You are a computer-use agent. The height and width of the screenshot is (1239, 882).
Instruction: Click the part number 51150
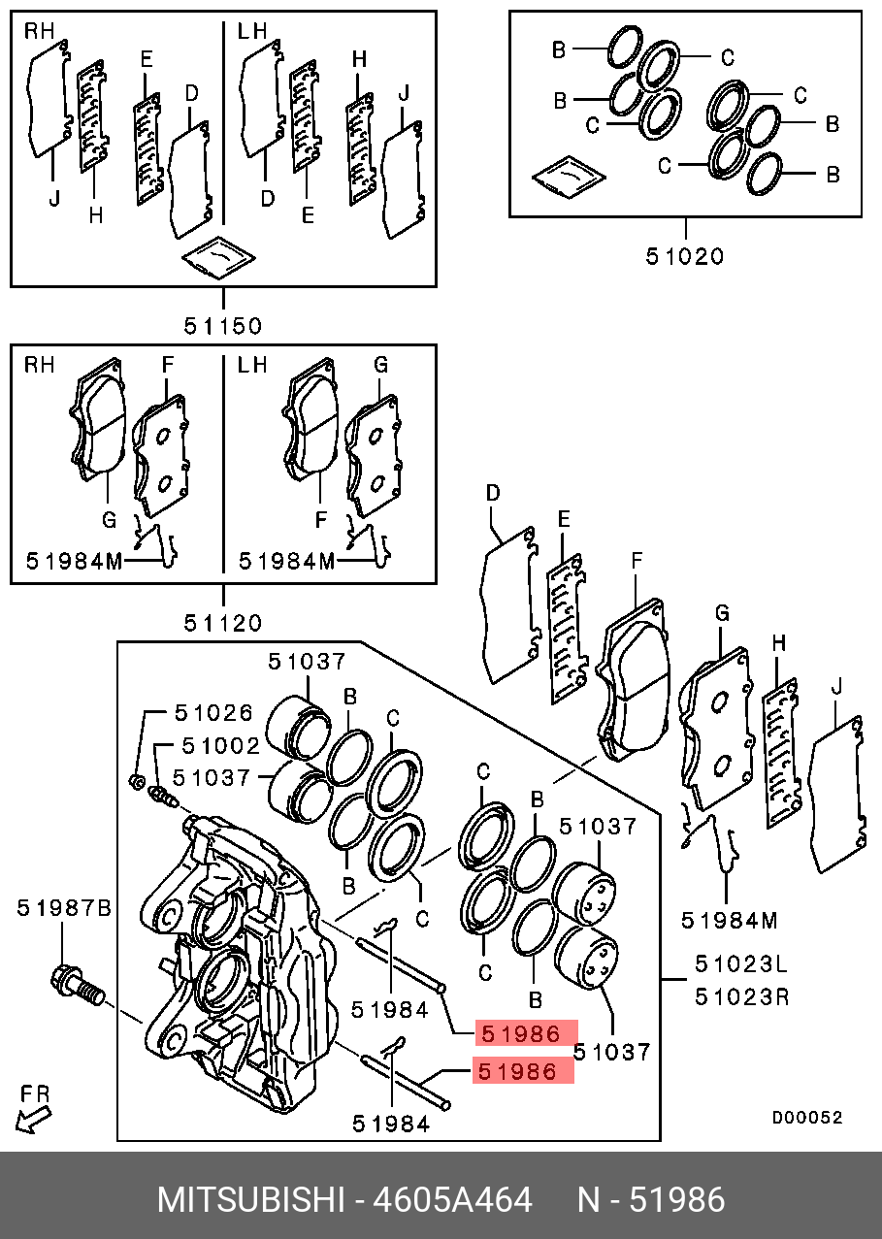[222, 325]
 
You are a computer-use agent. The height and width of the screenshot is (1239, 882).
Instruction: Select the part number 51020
[685, 256]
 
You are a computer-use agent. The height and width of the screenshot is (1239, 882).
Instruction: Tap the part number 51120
[222, 622]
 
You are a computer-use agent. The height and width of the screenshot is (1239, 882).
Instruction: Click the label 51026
[213, 713]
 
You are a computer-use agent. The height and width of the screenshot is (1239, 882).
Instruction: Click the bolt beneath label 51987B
[74, 987]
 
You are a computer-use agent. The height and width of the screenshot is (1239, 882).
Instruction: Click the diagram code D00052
[806, 1118]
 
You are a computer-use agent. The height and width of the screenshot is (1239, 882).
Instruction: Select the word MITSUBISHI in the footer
[250, 1200]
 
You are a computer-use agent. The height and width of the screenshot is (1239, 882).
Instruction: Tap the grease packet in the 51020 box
[569, 176]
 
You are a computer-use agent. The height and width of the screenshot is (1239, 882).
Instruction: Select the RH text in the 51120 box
[40, 366]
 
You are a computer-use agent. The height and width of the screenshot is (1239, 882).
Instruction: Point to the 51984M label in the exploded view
[729, 920]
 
